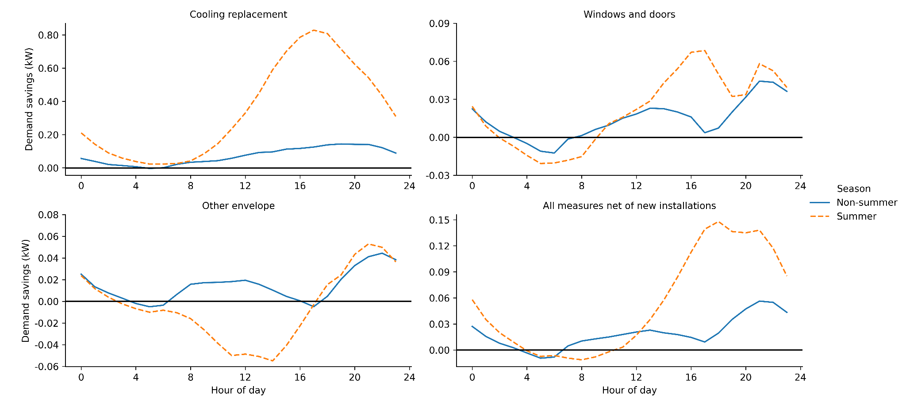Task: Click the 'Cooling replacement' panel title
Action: click(238, 14)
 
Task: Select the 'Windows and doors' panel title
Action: click(629, 14)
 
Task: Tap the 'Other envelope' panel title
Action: click(238, 206)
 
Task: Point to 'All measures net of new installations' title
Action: click(629, 206)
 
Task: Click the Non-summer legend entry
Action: click(866, 203)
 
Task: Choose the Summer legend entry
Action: click(856, 217)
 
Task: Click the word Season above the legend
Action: click(853, 189)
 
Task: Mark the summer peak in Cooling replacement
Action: click(314, 30)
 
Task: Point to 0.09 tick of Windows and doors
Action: click(439, 23)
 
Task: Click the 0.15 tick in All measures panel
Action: click(439, 220)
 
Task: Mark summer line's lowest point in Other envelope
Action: click(273, 361)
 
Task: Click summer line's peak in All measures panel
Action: click(718, 221)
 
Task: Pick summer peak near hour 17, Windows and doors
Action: click(704, 50)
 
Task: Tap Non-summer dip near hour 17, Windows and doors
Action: click(705, 132)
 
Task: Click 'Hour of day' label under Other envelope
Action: click(238, 391)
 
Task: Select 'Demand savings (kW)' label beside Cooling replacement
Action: click(29, 99)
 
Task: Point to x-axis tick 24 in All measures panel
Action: click(800, 378)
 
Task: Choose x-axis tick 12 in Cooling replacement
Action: click(245, 186)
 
